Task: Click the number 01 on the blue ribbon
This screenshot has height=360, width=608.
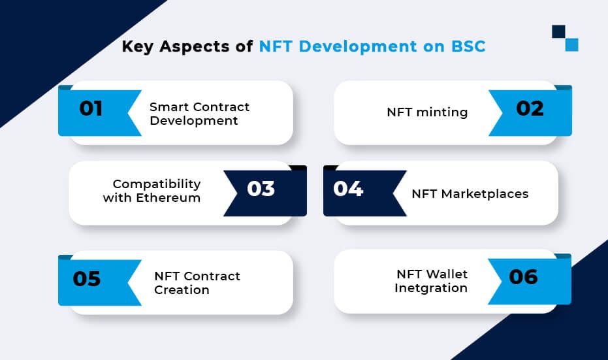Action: click(x=91, y=108)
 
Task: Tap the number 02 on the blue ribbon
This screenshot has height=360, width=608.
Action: click(x=530, y=108)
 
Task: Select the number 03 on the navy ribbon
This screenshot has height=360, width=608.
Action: click(x=261, y=189)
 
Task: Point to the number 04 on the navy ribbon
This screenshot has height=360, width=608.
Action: click(x=348, y=189)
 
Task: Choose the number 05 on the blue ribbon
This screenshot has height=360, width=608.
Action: click(x=87, y=278)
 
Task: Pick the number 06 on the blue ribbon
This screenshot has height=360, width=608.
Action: click(x=523, y=277)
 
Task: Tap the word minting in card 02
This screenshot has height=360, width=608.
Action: click(x=442, y=112)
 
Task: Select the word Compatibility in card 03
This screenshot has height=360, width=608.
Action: click(x=157, y=184)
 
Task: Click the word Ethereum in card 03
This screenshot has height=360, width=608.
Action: click(x=168, y=198)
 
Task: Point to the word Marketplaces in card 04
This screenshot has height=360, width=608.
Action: click(x=485, y=193)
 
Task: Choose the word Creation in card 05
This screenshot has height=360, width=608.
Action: click(x=182, y=290)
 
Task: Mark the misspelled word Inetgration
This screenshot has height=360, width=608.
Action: click(x=431, y=288)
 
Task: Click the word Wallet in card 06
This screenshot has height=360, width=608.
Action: click(x=447, y=274)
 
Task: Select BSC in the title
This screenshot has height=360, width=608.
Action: click(x=468, y=46)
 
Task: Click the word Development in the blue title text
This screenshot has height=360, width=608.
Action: click(x=357, y=47)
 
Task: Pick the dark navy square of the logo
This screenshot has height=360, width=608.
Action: click(x=558, y=32)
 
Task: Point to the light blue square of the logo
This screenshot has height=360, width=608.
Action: click(x=571, y=44)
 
